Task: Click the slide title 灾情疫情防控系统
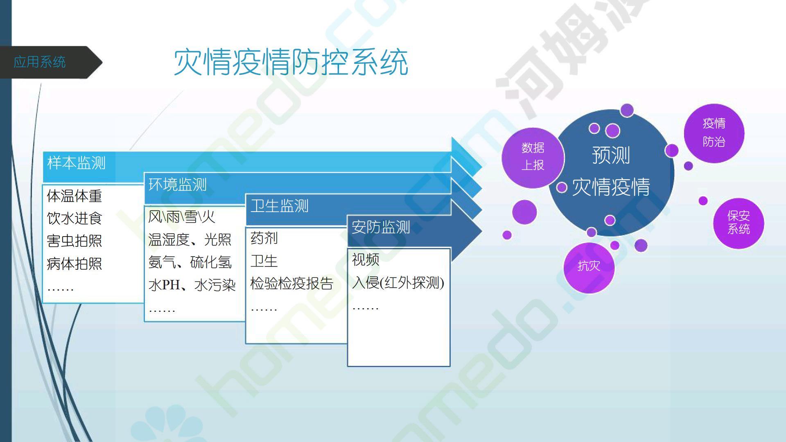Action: tap(291, 62)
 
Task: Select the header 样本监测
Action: tap(77, 163)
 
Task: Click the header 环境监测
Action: tap(177, 185)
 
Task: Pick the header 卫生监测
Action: tap(279, 206)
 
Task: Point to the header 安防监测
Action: tap(381, 227)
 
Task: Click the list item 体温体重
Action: tap(74, 196)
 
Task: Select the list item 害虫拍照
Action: tap(74, 241)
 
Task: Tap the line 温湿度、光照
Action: tap(190, 239)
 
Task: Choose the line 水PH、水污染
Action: tap(192, 285)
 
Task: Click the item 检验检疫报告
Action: tap(292, 284)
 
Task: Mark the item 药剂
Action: tap(264, 238)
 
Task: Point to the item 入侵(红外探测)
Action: tap(398, 282)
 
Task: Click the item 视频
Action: tap(366, 259)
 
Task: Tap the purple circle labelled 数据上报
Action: tap(533, 158)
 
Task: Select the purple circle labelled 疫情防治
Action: tap(714, 133)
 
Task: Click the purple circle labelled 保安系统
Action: tap(739, 223)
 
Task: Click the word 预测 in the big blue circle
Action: tap(611, 155)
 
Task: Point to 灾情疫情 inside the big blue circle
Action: tap(611, 187)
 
